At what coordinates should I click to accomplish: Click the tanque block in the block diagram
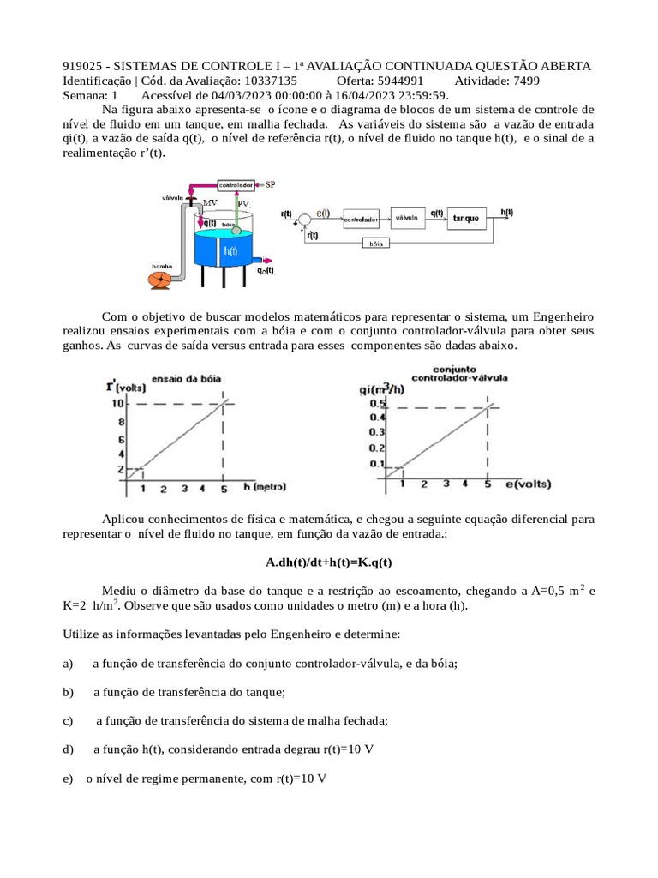(x=465, y=219)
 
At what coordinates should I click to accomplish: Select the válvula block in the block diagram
(x=407, y=218)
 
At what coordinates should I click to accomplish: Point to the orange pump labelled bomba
(x=160, y=279)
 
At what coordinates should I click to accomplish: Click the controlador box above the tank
(x=235, y=184)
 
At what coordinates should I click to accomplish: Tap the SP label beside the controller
(x=271, y=184)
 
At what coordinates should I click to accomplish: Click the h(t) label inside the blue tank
(x=230, y=251)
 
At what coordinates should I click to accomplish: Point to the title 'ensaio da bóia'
(x=185, y=377)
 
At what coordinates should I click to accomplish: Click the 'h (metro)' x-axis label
(x=265, y=486)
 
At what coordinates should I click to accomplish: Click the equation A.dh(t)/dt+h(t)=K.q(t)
(x=328, y=562)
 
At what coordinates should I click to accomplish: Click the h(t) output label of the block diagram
(x=506, y=212)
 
